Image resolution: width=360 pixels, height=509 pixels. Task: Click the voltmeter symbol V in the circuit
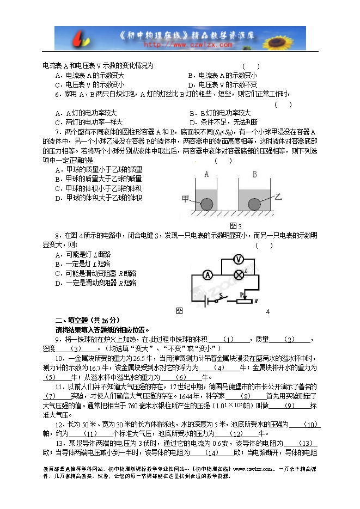pos(238,259)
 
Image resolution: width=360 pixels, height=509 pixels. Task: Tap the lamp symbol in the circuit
pos(238,274)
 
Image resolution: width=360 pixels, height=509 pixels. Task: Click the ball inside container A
pos(207,204)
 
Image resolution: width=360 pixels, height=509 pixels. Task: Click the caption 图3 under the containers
pos(235,226)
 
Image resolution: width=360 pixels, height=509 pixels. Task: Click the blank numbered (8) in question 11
pos(245,396)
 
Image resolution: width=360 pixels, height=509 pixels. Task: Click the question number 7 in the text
pos(58,132)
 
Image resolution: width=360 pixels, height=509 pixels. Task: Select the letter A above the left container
pos(206,175)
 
